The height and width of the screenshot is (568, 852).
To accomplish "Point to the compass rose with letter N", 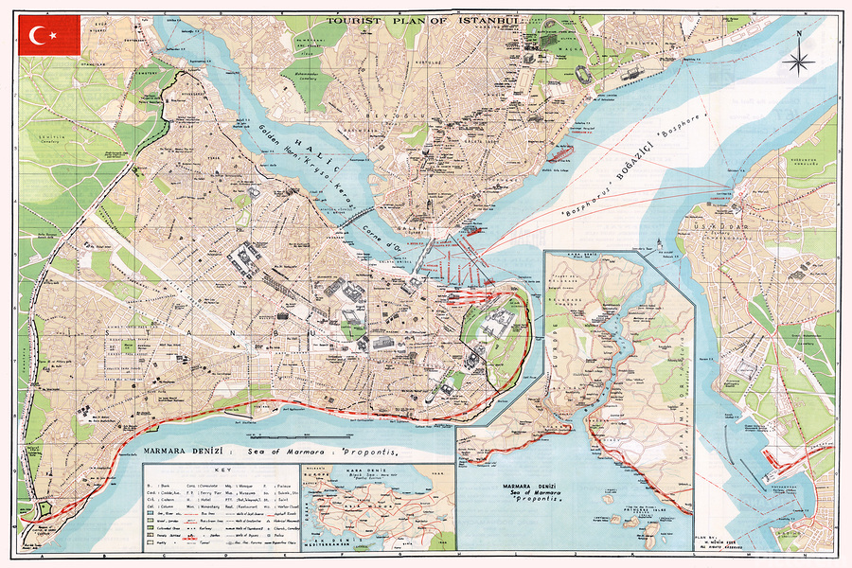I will pos(799,62).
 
